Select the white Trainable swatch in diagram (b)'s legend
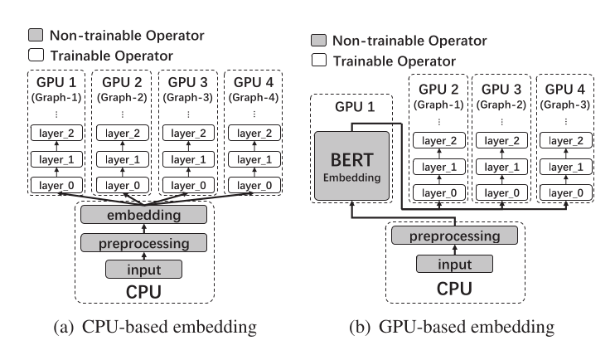[x=317, y=61]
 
